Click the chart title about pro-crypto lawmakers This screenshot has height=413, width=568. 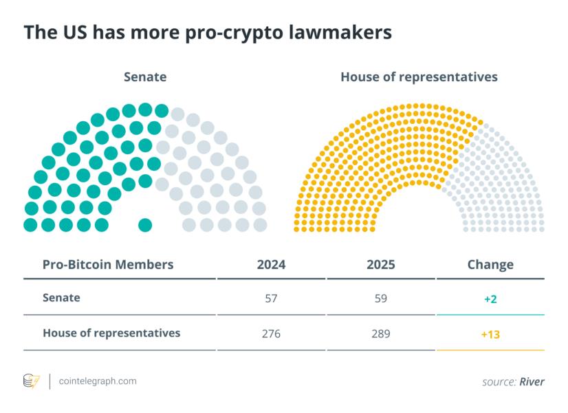(207, 33)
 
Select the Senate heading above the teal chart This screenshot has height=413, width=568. (144, 77)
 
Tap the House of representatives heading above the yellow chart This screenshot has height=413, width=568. (419, 77)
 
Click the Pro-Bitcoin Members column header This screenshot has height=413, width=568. (108, 264)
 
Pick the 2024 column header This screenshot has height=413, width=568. (271, 264)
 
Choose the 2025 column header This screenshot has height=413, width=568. (381, 264)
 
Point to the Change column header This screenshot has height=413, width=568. (490, 264)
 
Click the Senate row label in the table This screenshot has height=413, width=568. (61, 298)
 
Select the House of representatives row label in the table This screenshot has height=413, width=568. (111, 333)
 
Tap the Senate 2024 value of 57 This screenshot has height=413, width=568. (271, 299)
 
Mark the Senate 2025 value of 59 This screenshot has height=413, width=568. (381, 299)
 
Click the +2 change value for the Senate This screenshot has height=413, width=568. (490, 299)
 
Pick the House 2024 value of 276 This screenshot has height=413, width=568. (271, 334)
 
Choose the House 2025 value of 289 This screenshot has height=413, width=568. (381, 334)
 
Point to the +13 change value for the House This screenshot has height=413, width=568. (490, 334)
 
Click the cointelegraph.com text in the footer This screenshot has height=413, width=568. (98, 381)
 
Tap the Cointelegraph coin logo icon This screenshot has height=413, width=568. (32, 381)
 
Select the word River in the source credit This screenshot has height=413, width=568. (532, 381)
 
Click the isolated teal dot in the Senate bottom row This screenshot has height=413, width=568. (144, 224)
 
